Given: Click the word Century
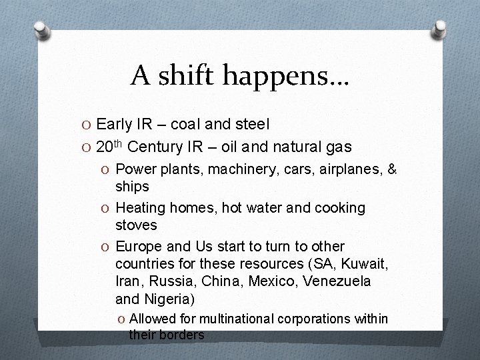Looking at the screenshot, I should click(155, 147).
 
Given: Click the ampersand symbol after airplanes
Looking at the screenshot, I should click(392, 170).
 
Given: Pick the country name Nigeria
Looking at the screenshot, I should click(171, 299).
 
